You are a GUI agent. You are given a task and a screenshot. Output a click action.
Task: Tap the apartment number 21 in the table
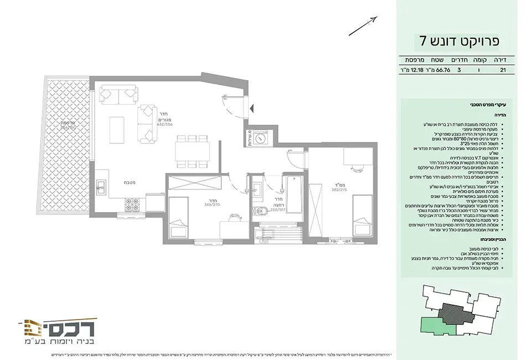click(503, 70)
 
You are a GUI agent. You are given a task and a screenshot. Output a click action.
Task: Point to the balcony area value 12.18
click(413, 70)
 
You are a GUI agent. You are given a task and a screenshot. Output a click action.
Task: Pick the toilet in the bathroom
click(262, 211)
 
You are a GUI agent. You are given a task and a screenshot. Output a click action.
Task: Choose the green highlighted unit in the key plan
click(438, 326)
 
